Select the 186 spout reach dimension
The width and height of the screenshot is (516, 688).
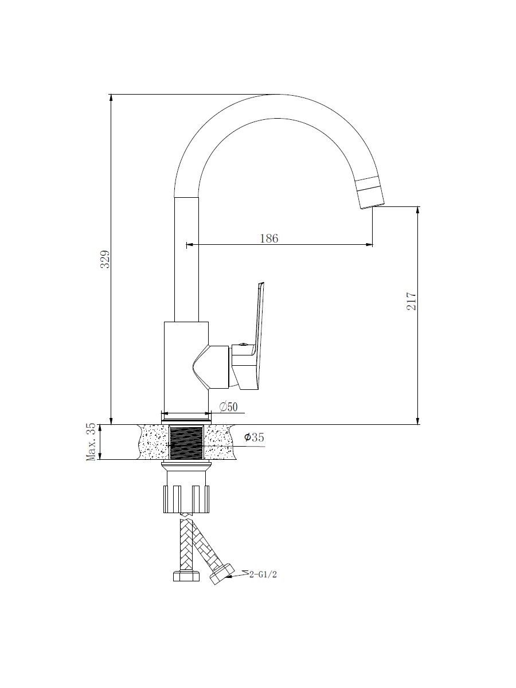pos(269,239)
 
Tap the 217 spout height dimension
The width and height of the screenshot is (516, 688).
pos(411,301)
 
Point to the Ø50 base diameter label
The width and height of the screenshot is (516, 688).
pos(228,407)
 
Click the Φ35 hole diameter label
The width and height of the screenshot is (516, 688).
pos(254,437)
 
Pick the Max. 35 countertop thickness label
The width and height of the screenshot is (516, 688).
pos(91,441)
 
